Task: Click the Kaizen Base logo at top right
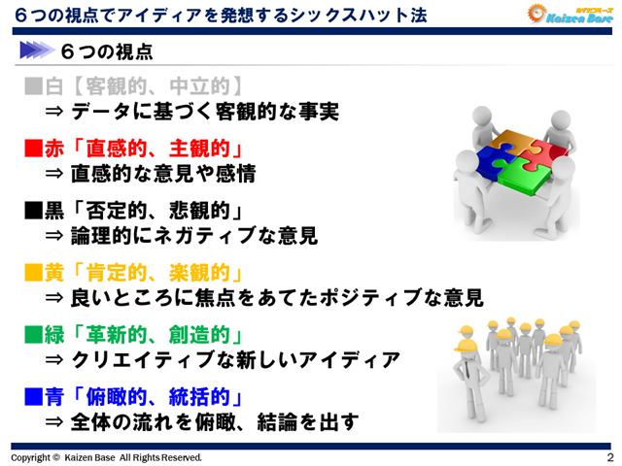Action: tap(566, 14)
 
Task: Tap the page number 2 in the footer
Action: tap(609, 457)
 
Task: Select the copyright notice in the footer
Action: tap(107, 457)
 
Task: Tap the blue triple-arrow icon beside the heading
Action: tap(35, 49)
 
